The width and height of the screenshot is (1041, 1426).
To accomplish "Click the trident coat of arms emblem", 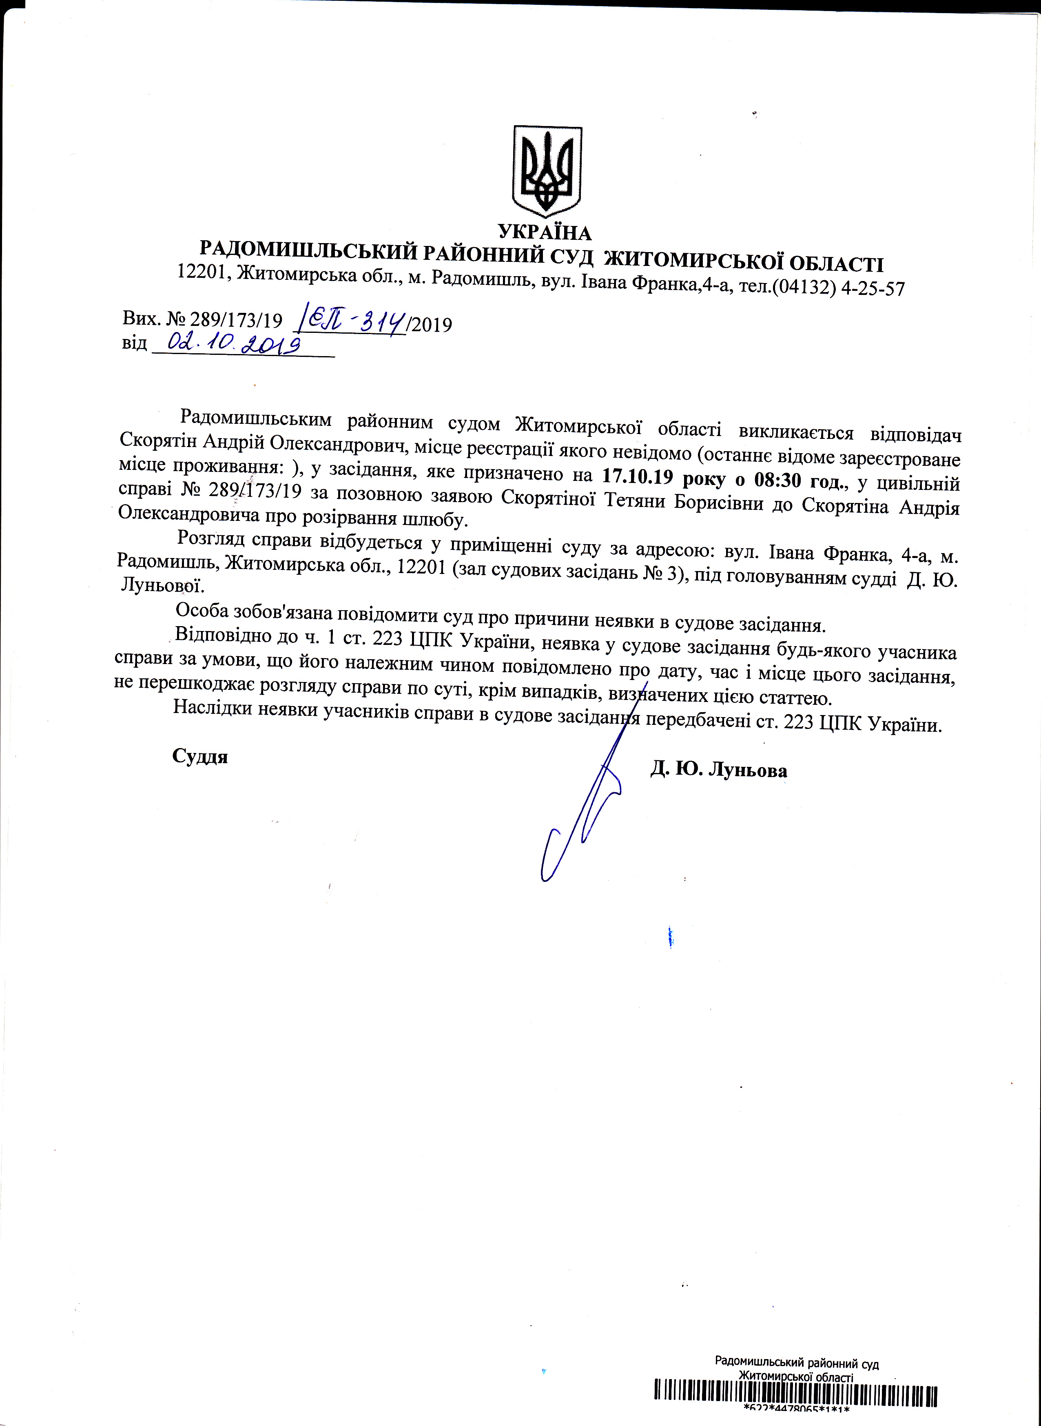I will coord(546,170).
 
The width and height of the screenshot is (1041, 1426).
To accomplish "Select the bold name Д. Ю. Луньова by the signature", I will coord(718,769).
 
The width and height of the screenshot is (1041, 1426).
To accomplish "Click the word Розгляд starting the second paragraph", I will coord(211,538).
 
